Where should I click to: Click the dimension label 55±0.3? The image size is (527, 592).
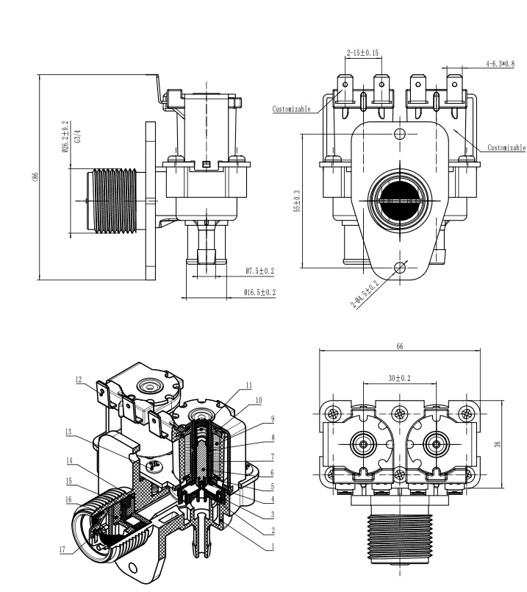click(x=297, y=201)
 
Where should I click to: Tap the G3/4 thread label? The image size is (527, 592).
click(x=78, y=136)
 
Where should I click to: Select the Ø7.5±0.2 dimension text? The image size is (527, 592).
click(x=259, y=271)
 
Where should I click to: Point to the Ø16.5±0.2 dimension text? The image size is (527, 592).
click(x=259, y=292)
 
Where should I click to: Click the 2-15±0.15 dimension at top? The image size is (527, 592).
click(x=362, y=52)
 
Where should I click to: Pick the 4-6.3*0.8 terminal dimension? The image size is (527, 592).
click(x=501, y=63)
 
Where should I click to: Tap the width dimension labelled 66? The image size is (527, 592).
click(x=400, y=346)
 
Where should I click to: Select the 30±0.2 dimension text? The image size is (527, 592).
click(x=399, y=378)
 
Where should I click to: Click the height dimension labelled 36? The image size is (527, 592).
click(x=498, y=444)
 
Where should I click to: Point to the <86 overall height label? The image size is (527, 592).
click(x=35, y=176)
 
